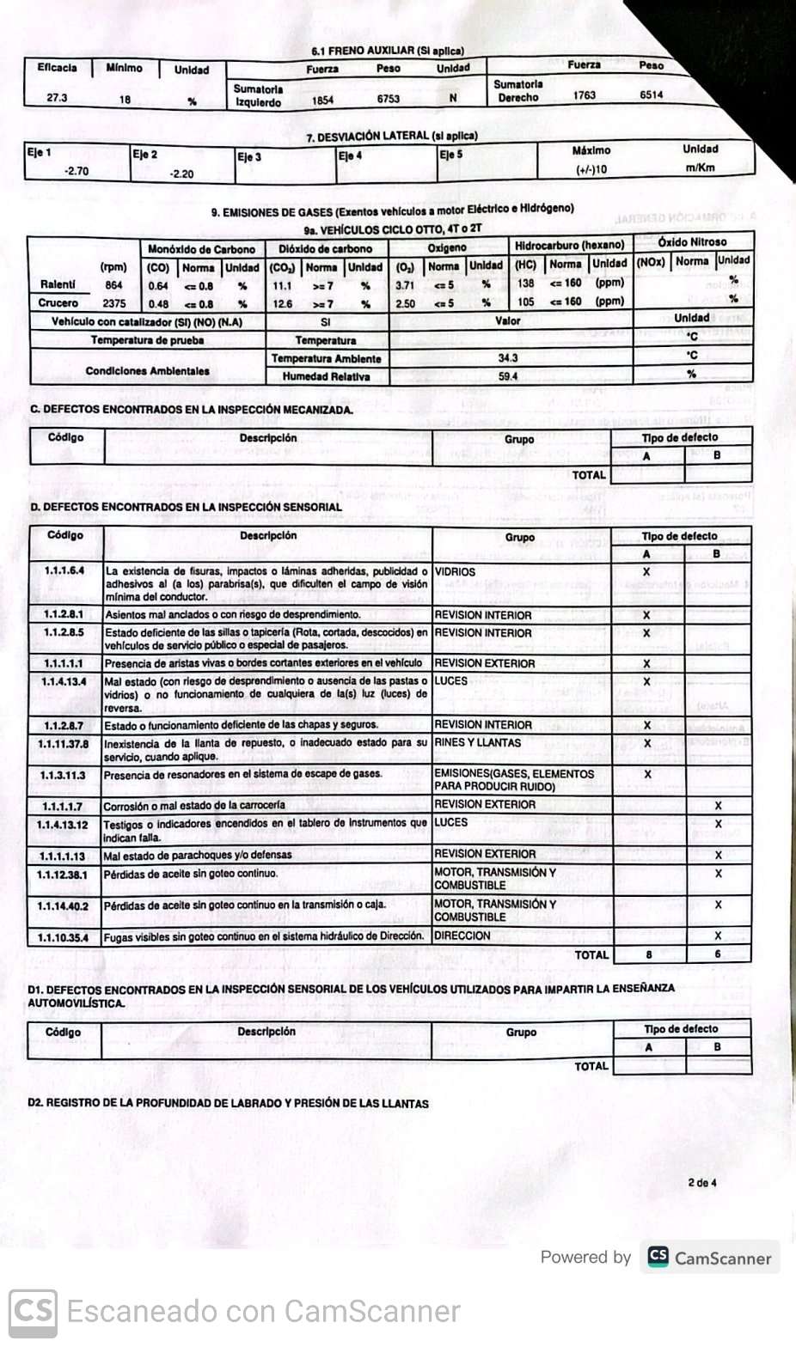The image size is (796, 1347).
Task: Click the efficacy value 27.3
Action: (x=57, y=97)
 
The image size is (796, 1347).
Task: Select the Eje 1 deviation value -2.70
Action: (x=77, y=171)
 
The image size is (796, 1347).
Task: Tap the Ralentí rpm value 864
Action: (x=113, y=285)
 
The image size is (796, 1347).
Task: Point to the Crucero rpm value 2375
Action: (x=113, y=303)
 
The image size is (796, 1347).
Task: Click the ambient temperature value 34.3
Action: (x=508, y=357)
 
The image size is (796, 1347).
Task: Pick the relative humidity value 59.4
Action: (x=508, y=376)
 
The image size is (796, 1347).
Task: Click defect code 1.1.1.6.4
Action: (x=64, y=570)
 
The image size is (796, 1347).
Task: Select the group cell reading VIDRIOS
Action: (x=455, y=571)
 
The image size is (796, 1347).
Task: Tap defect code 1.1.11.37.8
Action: (x=63, y=744)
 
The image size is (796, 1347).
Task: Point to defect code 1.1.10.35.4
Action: (x=63, y=937)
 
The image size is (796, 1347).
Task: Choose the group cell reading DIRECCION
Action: (x=462, y=936)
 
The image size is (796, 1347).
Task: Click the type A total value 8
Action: (x=649, y=954)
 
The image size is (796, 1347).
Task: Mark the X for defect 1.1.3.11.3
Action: (x=647, y=774)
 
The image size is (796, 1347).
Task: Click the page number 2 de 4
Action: (x=701, y=1183)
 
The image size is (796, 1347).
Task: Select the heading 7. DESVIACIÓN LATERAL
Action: (x=391, y=136)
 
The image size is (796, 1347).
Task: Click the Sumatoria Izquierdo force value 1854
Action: (x=322, y=101)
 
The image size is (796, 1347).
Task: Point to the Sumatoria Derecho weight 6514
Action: (x=651, y=94)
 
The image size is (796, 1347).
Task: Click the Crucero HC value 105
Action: (x=526, y=302)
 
